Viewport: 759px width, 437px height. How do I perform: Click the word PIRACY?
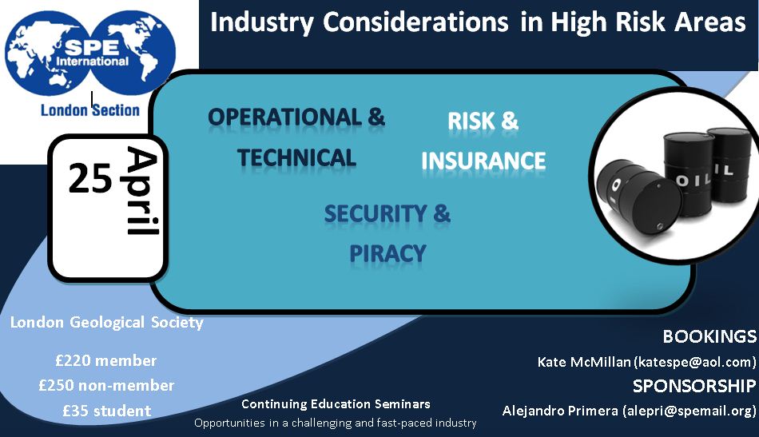coord(387,253)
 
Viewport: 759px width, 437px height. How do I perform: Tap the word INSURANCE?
coord(483,161)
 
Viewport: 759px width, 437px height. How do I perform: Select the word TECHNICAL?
coord(296,157)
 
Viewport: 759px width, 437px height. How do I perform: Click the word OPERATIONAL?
coord(284,117)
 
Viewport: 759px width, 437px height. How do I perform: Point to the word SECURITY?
coord(376,213)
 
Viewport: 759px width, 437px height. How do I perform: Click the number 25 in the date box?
coord(90,179)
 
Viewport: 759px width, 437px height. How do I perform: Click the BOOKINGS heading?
coord(709,336)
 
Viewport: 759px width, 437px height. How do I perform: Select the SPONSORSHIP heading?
coord(694,386)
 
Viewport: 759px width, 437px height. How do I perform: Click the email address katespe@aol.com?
coord(695,362)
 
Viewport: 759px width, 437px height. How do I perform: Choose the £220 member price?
coord(106,360)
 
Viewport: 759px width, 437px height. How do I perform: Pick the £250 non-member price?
coord(106,385)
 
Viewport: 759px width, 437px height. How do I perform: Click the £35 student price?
coord(107,411)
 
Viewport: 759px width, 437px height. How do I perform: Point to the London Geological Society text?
coord(107,322)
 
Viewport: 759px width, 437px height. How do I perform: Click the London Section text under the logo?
coord(90,110)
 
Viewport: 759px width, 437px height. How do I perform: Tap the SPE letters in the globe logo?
coord(92,47)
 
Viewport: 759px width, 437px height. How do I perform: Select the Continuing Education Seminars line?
coord(336,403)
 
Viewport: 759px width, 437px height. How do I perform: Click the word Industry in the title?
coord(262,22)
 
